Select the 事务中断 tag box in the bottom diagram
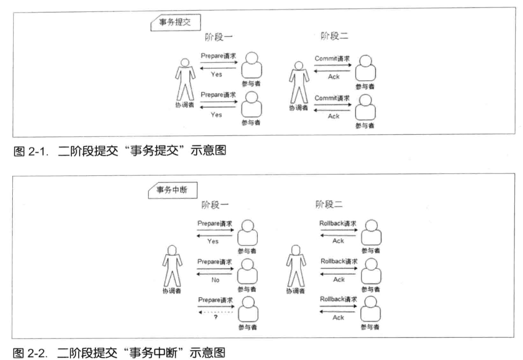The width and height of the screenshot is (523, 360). [x=173, y=191]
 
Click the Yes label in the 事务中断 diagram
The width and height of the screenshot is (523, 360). [x=213, y=241]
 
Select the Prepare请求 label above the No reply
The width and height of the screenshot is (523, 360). [x=215, y=262]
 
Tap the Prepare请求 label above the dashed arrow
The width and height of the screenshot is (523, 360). [x=215, y=299]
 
